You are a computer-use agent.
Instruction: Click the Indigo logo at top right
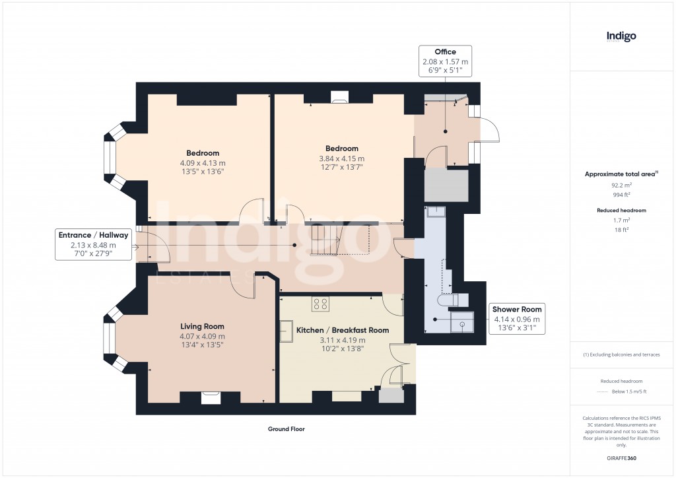click(x=621, y=36)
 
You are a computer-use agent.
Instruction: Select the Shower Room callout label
click(x=517, y=318)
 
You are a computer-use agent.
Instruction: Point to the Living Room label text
click(x=203, y=326)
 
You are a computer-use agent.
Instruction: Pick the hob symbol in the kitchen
click(x=321, y=304)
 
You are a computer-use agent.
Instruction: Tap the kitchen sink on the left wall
click(x=287, y=331)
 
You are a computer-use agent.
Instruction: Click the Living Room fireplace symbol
click(x=211, y=396)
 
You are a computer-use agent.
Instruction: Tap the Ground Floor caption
click(x=286, y=429)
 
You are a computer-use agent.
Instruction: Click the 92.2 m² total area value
click(x=621, y=186)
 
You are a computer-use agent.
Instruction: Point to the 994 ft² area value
click(x=621, y=195)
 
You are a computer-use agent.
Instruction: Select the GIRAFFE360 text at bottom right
click(x=621, y=458)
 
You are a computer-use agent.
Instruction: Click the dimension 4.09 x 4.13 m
click(x=203, y=163)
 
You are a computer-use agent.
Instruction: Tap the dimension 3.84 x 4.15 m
click(x=341, y=158)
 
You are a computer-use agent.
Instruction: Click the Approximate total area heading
click(x=620, y=174)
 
